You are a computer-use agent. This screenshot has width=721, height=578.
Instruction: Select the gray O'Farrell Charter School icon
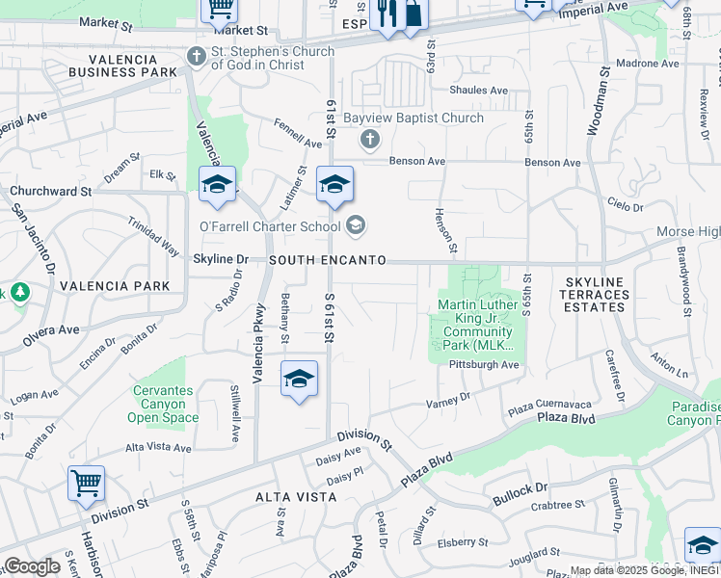tap(356, 226)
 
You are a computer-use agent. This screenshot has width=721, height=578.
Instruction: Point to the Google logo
tap(32, 566)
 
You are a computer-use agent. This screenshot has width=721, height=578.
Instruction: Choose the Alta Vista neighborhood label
tap(296, 497)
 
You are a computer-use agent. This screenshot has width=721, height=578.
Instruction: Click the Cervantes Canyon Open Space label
tap(163, 405)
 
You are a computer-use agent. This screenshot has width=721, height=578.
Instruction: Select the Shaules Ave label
tap(478, 91)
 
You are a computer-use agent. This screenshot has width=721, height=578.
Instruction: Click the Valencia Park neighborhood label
tap(115, 286)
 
